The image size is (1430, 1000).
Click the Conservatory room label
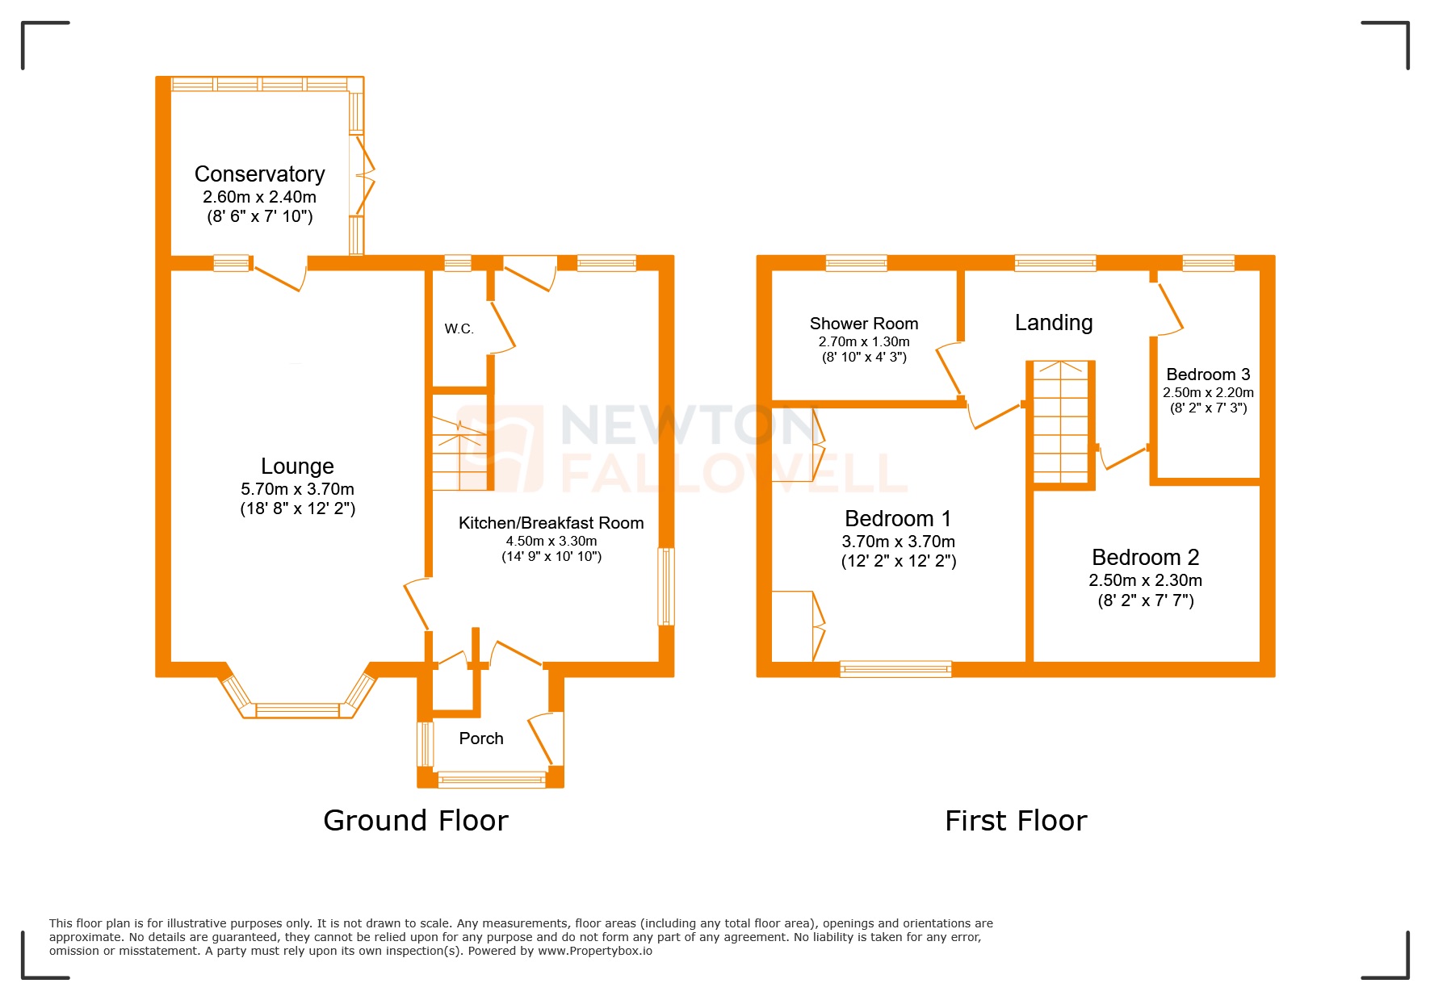click(259, 174)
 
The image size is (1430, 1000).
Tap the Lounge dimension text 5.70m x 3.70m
click(297, 489)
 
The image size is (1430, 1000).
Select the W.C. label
click(459, 328)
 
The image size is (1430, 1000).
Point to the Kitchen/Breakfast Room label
click(551, 523)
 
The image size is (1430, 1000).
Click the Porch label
click(480, 738)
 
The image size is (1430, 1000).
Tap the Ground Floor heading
click(415, 821)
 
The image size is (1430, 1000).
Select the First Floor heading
click(1015, 821)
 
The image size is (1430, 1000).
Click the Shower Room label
click(863, 324)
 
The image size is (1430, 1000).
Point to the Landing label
click(1053, 323)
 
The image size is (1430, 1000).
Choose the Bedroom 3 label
click(1207, 374)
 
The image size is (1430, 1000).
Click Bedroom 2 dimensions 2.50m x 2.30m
click(1144, 580)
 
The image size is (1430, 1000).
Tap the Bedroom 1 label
click(897, 518)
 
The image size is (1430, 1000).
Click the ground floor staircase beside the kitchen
click(459, 453)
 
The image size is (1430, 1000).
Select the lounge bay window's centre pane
click(297, 710)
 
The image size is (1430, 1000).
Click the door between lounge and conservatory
click(280, 274)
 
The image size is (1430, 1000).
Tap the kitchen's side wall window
click(665, 587)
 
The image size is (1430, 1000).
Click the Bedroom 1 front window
click(895, 668)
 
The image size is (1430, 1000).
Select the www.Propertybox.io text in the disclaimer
click(594, 951)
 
